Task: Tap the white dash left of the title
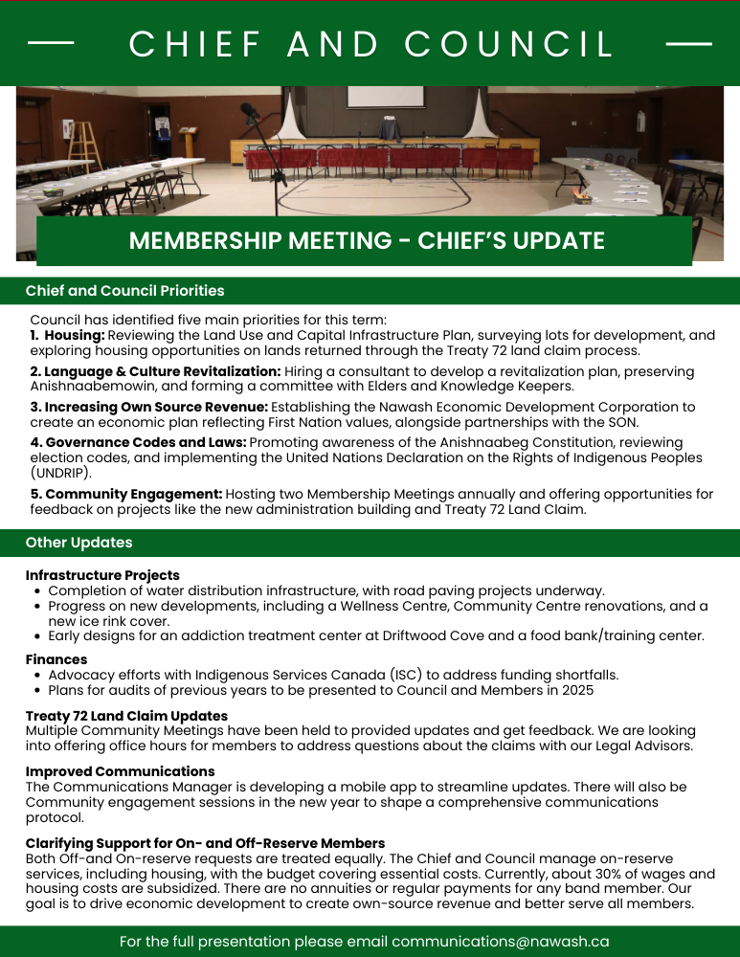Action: coord(52,44)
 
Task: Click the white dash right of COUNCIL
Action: coord(688,44)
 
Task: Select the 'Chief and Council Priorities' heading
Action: coord(124,291)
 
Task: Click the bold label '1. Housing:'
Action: coord(67,336)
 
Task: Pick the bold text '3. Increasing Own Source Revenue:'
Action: coord(148,407)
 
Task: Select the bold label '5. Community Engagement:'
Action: coord(126,495)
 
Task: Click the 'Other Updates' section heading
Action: coord(78,543)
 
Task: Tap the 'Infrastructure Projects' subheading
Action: coord(102,576)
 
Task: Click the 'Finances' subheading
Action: coord(56,659)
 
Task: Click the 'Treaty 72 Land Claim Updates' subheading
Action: coord(126,716)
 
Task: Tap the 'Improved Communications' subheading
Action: coord(120,771)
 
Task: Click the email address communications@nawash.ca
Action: coord(500,942)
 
